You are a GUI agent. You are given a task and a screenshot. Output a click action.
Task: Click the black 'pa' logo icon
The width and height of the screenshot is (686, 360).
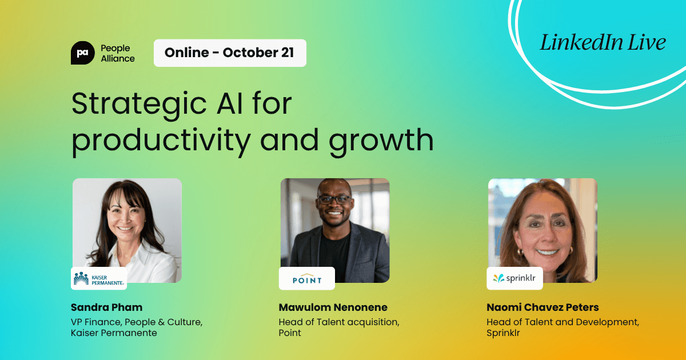82,53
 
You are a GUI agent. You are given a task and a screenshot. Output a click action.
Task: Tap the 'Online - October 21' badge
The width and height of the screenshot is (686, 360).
230,53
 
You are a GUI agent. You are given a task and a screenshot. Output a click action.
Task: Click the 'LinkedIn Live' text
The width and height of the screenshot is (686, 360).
603,43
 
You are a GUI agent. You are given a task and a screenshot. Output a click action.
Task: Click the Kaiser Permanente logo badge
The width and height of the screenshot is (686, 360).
99,278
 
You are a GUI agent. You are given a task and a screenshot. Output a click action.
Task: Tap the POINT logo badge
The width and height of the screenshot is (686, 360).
307,279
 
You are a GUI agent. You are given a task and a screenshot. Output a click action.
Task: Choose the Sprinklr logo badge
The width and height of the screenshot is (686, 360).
514,279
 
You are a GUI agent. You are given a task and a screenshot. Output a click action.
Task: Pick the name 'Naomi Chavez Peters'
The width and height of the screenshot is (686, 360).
543,307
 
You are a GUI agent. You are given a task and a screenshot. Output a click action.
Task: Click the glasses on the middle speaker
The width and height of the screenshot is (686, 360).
334,200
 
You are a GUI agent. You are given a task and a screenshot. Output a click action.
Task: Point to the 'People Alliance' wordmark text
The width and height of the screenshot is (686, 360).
117,53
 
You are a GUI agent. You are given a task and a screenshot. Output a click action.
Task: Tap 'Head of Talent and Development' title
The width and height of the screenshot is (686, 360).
563,322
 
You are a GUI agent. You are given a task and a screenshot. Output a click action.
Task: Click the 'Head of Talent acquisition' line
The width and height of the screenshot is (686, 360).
339,322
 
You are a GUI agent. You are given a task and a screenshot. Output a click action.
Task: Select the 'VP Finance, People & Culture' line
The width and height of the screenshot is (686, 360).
136,322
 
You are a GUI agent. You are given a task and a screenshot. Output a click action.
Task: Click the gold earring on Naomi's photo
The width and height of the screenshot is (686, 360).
521,251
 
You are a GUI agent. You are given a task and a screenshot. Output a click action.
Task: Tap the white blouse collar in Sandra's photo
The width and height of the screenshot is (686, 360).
137,251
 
